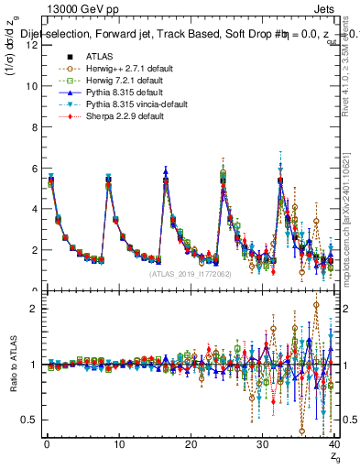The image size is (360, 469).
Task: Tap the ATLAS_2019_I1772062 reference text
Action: tap(191, 273)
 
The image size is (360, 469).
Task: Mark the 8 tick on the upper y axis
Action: tap(32, 127)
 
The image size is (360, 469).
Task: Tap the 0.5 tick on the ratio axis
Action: tap(28, 420)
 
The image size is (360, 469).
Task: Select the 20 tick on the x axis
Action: tap(190, 445)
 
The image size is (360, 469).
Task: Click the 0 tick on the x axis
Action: tap(46, 445)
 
